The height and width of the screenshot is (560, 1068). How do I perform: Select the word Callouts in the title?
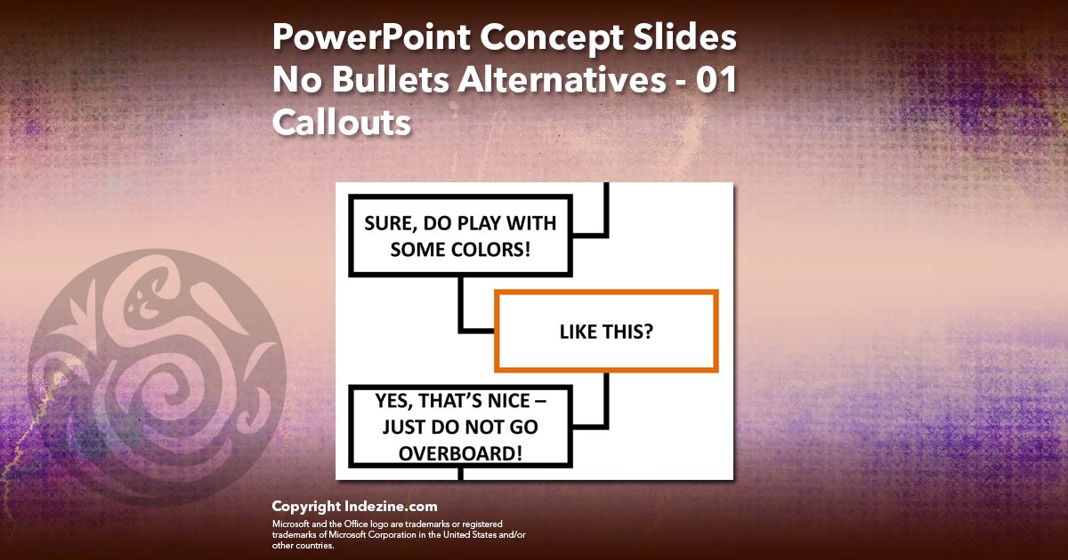(341, 122)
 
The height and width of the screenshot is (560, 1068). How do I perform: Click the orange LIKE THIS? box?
(606, 331)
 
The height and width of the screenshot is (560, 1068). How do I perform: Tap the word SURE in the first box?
(387, 223)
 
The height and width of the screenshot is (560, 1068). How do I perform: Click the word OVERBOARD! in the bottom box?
(459, 452)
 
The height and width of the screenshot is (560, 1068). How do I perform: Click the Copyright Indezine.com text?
(354, 507)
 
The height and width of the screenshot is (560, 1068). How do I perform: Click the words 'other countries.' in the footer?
(303, 545)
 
